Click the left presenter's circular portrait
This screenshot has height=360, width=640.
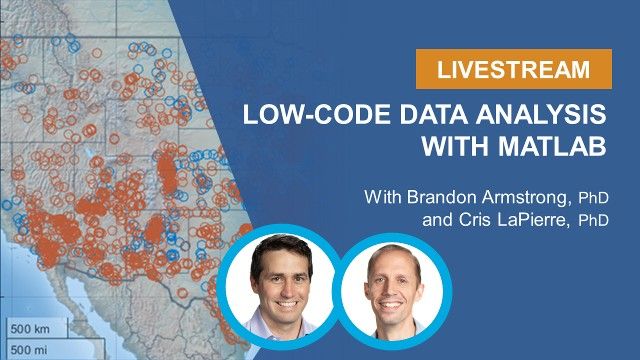click(x=277, y=281)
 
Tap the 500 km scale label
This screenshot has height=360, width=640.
click(x=32, y=328)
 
